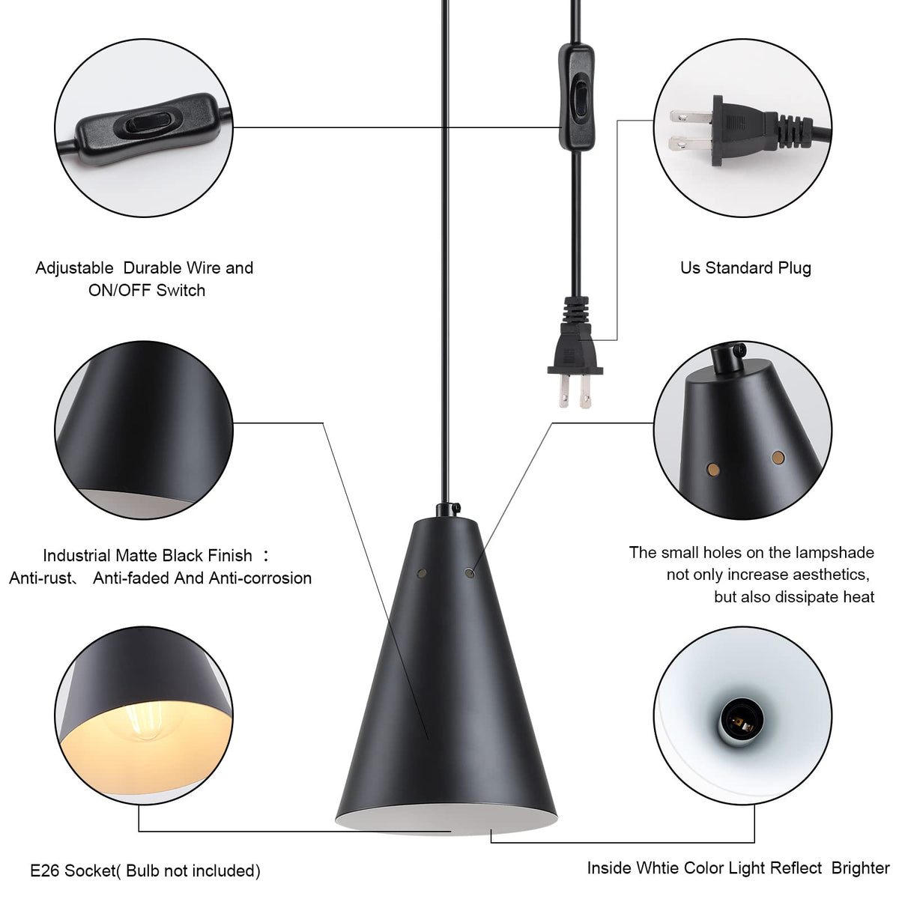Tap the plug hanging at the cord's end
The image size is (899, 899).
pos(575,353)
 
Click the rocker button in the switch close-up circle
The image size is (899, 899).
pos(145,124)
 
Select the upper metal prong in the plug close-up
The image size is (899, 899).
pos(691,116)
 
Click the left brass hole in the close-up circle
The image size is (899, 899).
pos(713,469)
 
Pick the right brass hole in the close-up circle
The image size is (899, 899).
pos(778,457)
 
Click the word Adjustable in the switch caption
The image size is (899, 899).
pos(74,268)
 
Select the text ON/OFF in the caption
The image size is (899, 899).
pos(120,290)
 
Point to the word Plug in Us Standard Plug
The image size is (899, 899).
pos(794,268)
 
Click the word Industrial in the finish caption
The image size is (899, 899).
pos(77,556)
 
